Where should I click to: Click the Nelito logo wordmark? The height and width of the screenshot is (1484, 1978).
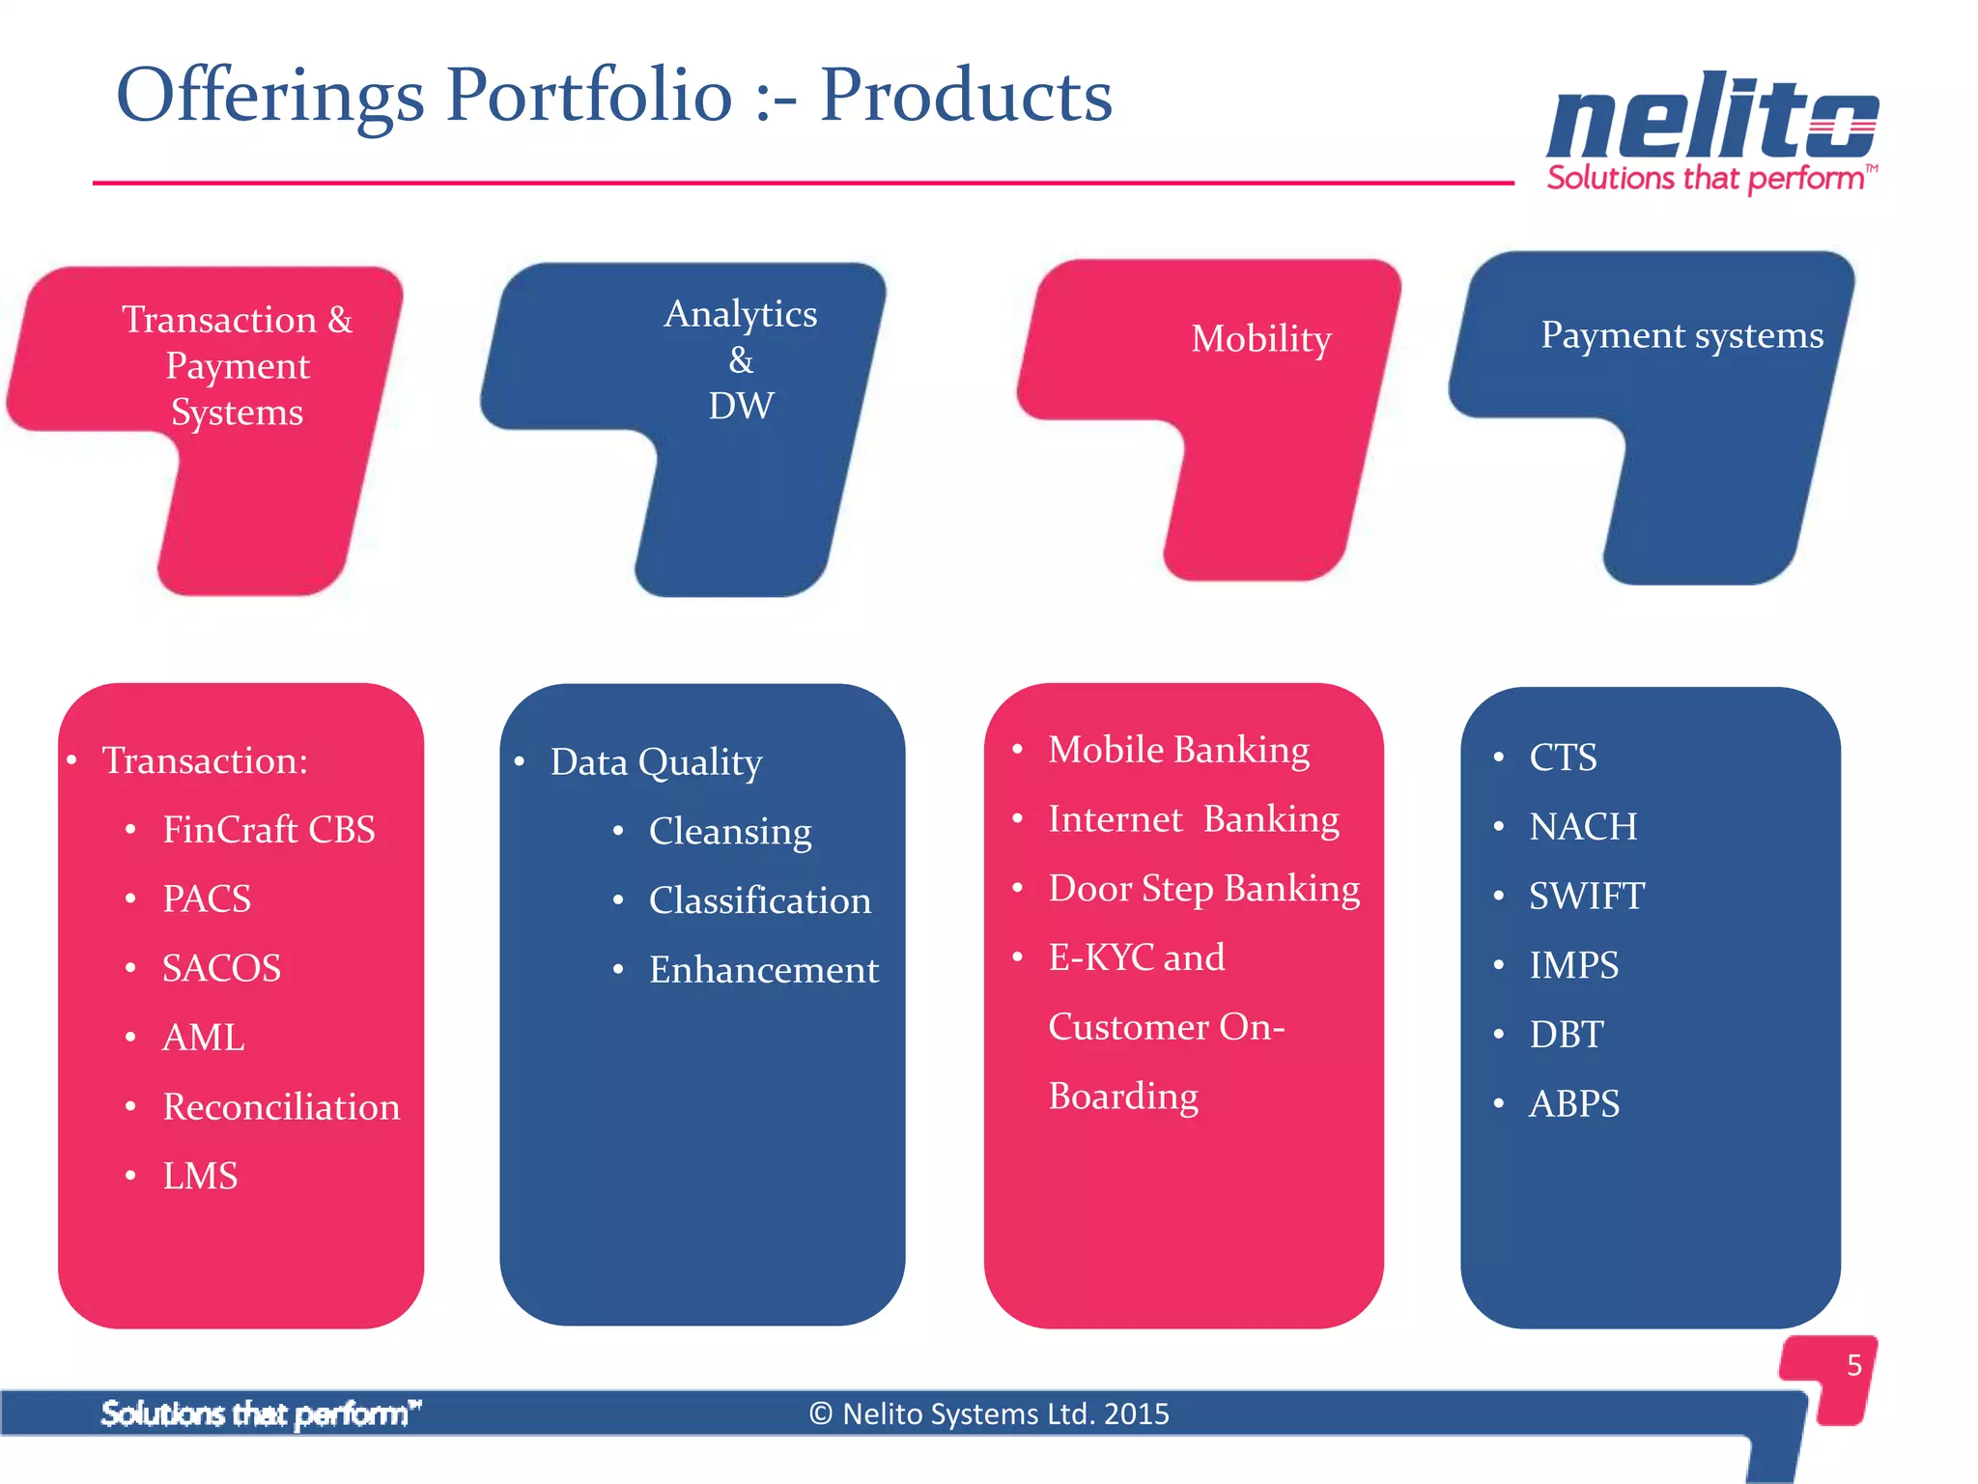[x=1711, y=118]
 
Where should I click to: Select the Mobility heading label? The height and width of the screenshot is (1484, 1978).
[x=1260, y=339]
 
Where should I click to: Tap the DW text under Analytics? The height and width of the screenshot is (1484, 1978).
[x=741, y=406]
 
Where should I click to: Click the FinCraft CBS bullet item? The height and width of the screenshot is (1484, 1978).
[x=268, y=830]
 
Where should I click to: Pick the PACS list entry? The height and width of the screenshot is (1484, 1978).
[x=207, y=899]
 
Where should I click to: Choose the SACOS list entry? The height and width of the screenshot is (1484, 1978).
[x=221, y=968]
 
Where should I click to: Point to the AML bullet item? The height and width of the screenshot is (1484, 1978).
[x=203, y=1038]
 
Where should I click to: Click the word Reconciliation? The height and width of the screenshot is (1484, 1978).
[x=281, y=1107]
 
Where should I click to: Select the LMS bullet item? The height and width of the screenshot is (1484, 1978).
[x=200, y=1177]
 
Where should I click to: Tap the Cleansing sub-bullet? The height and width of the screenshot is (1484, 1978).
[x=730, y=832]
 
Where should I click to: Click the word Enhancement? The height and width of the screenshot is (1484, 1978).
[x=764, y=970]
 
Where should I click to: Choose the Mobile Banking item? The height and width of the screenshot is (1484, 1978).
[x=1178, y=751]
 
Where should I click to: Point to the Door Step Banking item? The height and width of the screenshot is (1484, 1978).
[x=1204, y=889]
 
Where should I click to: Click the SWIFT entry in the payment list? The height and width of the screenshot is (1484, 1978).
[x=1586, y=897]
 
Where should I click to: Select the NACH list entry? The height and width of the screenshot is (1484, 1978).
[x=1583, y=827]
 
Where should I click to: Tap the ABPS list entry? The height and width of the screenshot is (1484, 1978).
[x=1574, y=1103]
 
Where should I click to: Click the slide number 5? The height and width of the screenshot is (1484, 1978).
[x=1853, y=1365]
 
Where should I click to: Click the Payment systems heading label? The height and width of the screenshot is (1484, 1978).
[x=1681, y=335]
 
